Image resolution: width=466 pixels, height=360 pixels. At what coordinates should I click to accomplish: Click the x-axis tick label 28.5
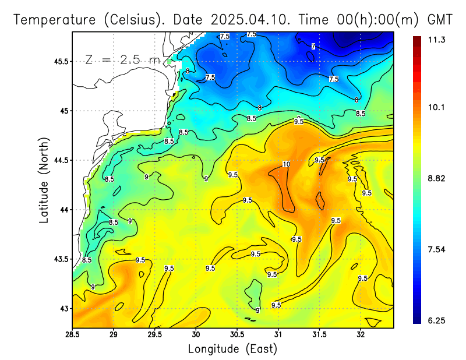point(72,335)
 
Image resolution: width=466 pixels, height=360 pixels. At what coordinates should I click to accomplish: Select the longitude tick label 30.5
point(237,335)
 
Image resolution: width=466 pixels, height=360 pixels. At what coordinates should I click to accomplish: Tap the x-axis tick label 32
point(361,335)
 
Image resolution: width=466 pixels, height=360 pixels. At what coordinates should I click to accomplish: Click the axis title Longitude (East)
point(232,349)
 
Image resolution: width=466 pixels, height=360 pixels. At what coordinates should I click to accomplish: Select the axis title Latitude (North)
point(44,179)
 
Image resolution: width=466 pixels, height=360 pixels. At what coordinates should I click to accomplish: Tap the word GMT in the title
point(440,20)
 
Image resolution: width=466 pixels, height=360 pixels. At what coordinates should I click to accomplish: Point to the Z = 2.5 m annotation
point(122,59)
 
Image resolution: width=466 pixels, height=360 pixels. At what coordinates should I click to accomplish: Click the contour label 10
point(286,164)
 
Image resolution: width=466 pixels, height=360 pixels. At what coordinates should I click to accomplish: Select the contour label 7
point(313,46)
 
